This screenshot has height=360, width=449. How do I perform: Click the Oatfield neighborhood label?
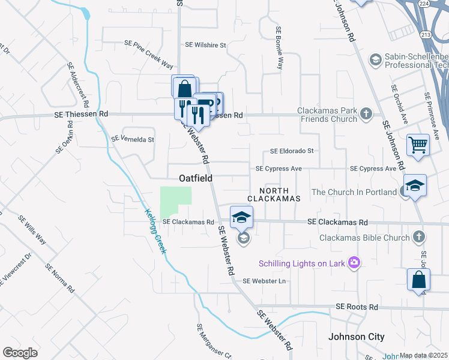click(196, 178)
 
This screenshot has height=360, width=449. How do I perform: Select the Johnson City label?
click(357, 337)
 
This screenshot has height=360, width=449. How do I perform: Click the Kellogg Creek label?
click(155, 230)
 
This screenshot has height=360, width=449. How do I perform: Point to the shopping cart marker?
click(418, 145)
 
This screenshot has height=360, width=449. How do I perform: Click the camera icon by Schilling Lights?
click(354, 262)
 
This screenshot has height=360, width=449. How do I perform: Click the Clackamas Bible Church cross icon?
click(419, 238)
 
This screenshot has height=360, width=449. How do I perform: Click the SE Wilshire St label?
click(205, 45)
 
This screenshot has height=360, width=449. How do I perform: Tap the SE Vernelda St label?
click(133, 139)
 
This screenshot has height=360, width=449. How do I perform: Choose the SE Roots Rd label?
click(357, 307)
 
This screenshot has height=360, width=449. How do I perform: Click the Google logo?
click(20, 353)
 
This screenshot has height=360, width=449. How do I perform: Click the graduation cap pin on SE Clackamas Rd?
click(242, 217)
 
